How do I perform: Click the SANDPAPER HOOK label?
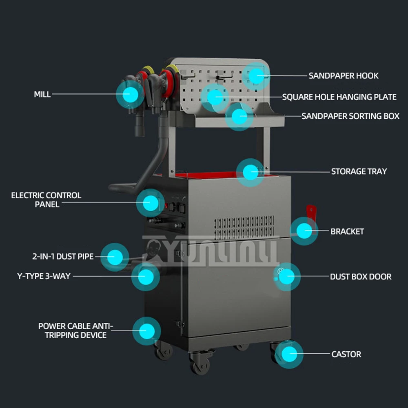[x=343, y=76]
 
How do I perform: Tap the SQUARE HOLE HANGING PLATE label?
[x=339, y=97]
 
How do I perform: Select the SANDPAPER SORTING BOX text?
[x=350, y=116]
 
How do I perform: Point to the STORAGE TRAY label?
[x=359, y=171]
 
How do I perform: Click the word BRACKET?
[x=347, y=231]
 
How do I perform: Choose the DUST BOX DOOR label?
[x=360, y=277]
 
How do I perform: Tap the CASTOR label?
[x=346, y=354]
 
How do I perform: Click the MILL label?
[x=42, y=94]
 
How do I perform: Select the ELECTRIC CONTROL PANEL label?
[x=46, y=200]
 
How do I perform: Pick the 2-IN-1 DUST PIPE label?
[x=63, y=257]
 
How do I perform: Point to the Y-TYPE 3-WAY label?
[x=44, y=276]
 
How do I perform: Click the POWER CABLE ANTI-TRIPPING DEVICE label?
[x=75, y=330]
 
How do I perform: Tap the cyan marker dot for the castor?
[x=289, y=354]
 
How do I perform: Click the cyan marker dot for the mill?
[x=130, y=94]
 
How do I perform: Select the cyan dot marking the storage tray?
[x=251, y=172]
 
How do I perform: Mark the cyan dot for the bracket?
[x=304, y=231]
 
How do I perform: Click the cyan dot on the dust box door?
[x=287, y=277]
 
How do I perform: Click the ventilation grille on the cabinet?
[x=244, y=227]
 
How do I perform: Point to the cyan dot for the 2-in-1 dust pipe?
[x=115, y=257]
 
